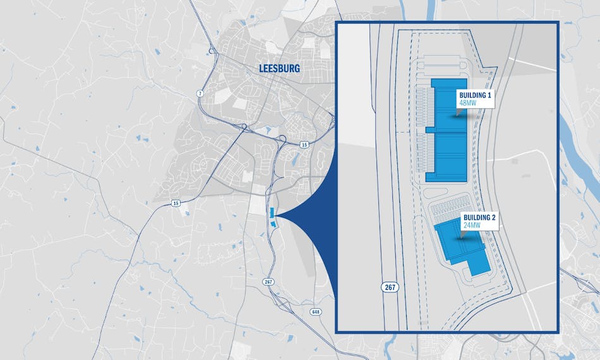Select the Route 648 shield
point(315,312)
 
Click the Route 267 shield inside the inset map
point(389,286)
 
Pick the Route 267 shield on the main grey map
point(269,282)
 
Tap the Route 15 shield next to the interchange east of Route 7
point(304,145)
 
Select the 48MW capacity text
point(466,102)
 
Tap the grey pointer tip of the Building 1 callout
point(457,114)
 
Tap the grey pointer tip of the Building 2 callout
point(462,237)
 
